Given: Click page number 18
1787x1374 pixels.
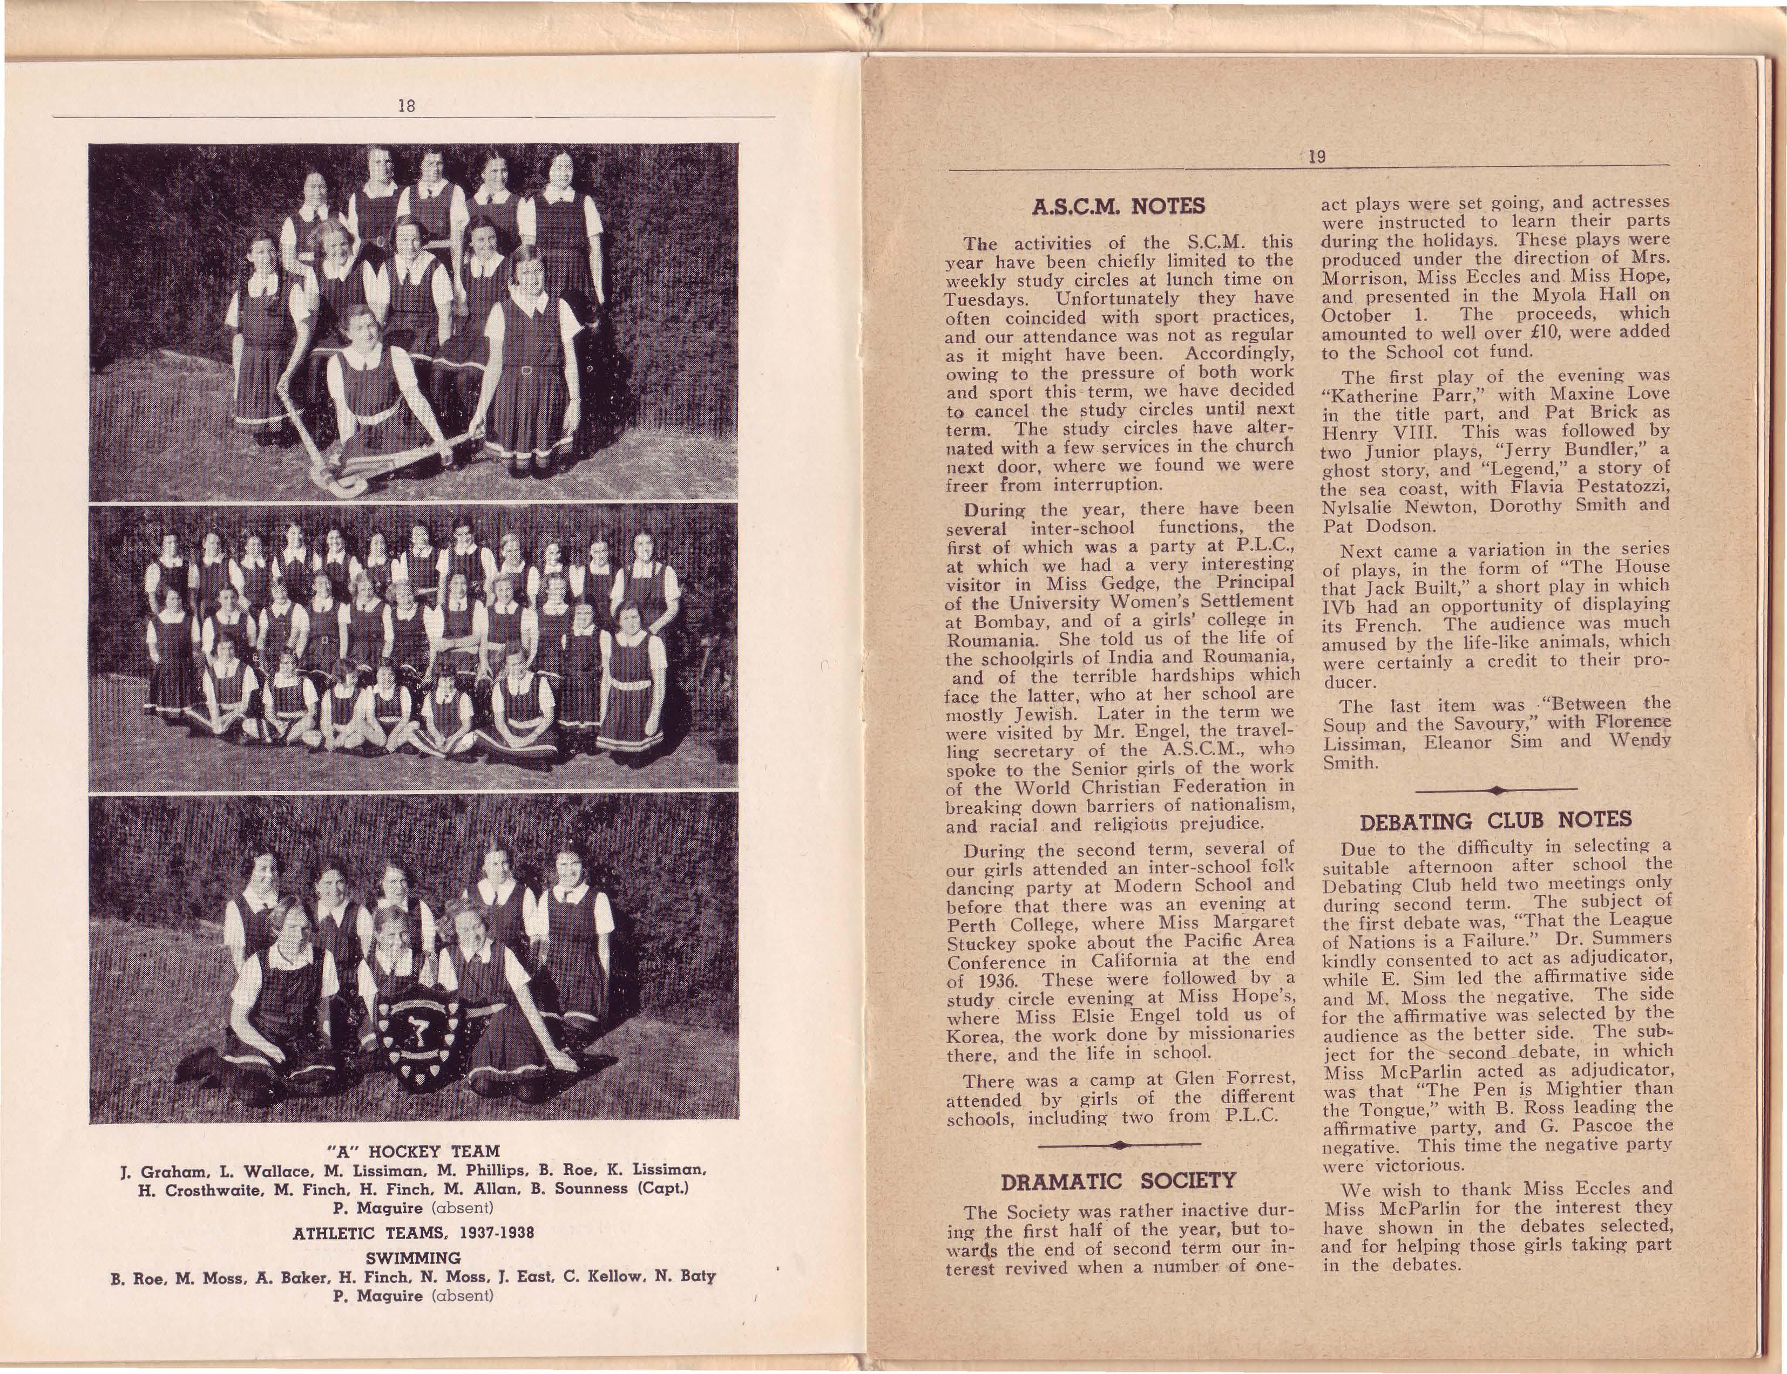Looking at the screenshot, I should [407, 105].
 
